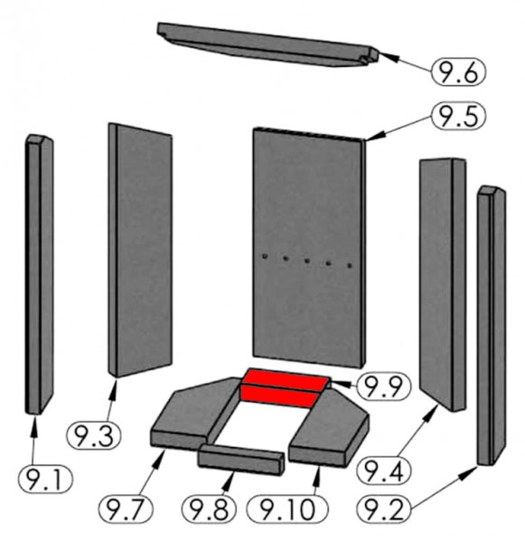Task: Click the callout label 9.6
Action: (458, 72)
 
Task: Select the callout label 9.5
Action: (459, 116)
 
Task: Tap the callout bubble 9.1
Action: (45, 480)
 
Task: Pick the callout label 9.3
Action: (94, 436)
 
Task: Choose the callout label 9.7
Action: (126, 509)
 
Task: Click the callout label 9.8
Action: (209, 509)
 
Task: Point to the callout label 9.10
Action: (287, 509)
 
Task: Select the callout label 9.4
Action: (383, 471)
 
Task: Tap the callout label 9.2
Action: (383, 509)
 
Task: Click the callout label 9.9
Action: (383, 386)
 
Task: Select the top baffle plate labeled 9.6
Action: (268, 44)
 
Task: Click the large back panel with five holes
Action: (308, 248)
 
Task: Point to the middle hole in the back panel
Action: (306, 261)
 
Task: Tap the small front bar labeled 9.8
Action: (241, 460)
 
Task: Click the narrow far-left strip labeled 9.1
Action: (39, 274)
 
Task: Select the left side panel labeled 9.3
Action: (140, 250)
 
